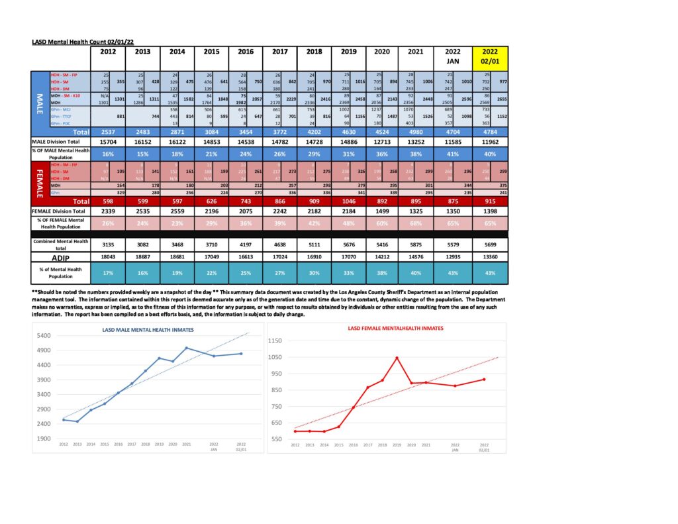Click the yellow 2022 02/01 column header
[x=490, y=56]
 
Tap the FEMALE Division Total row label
[x=60, y=211]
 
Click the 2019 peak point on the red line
[x=397, y=358]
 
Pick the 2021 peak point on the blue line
[x=186, y=348]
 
